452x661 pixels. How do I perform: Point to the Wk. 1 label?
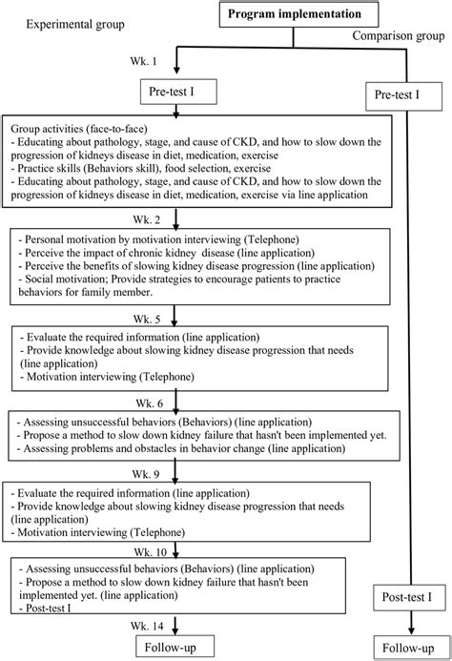coord(144,60)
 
